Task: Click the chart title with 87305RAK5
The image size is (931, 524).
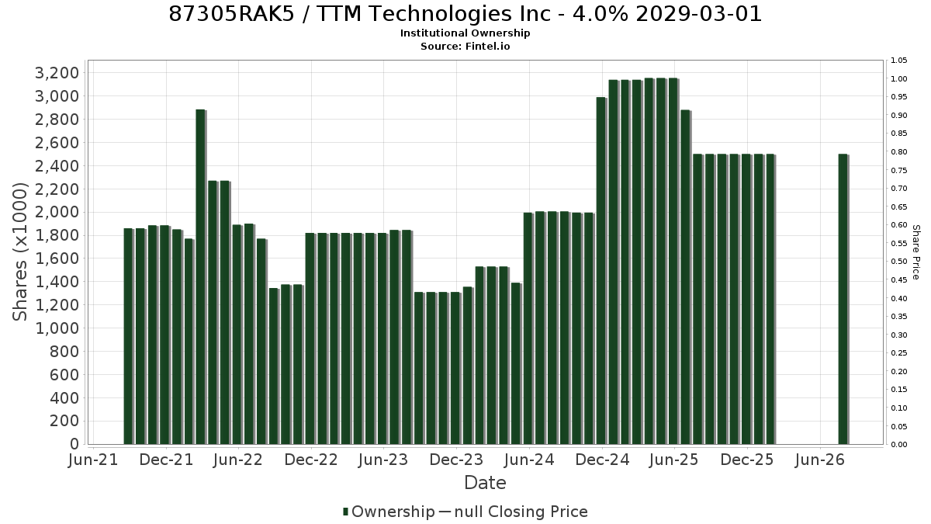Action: pos(465,14)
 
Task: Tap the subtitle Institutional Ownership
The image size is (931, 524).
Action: pos(465,33)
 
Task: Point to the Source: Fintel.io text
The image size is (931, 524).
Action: pos(465,46)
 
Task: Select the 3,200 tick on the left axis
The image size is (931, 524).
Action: pos(57,73)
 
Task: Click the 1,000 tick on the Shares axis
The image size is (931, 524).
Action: pos(57,328)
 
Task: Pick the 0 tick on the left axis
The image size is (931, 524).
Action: pos(74,444)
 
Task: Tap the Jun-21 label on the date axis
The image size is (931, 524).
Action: pos(93,460)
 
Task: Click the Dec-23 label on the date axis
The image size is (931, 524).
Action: pos(456,460)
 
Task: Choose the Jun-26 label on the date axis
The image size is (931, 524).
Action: pos(819,460)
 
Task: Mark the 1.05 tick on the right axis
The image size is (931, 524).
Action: pos(898,61)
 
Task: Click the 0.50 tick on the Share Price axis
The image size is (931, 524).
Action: pos(898,262)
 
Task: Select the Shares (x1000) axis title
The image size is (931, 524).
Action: pos(19,252)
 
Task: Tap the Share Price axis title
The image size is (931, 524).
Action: pos(915,252)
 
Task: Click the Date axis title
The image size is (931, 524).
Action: pos(485,483)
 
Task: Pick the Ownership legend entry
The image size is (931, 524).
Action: pos(389,512)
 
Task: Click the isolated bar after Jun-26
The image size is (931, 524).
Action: pos(843,300)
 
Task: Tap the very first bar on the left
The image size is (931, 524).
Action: pos(129,336)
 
